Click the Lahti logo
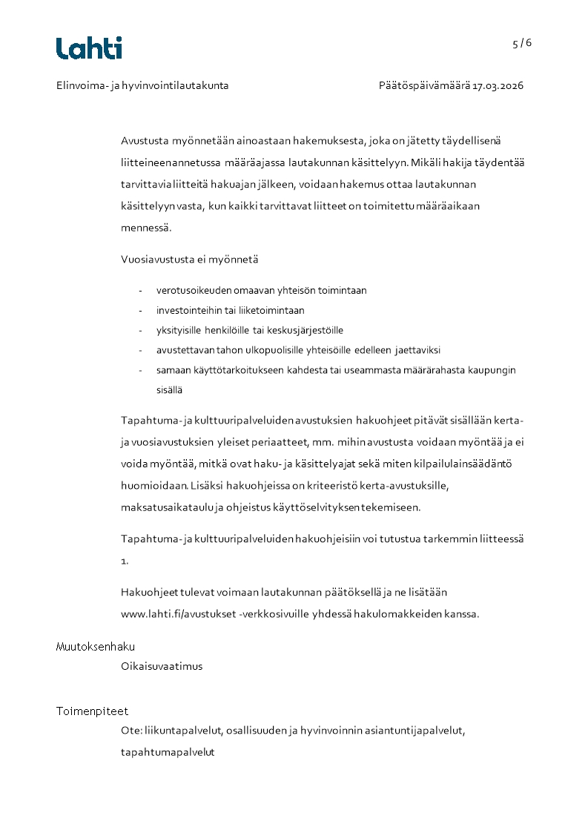[89, 48]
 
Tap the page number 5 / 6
[522, 43]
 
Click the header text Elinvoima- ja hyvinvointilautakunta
[142, 85]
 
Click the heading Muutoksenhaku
[96, 647]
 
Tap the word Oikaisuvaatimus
[162, 666]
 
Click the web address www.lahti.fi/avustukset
[178, 613]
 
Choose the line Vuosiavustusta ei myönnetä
[190, 260]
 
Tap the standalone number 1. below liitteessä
[125, 561]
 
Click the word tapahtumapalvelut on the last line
[168, 751]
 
